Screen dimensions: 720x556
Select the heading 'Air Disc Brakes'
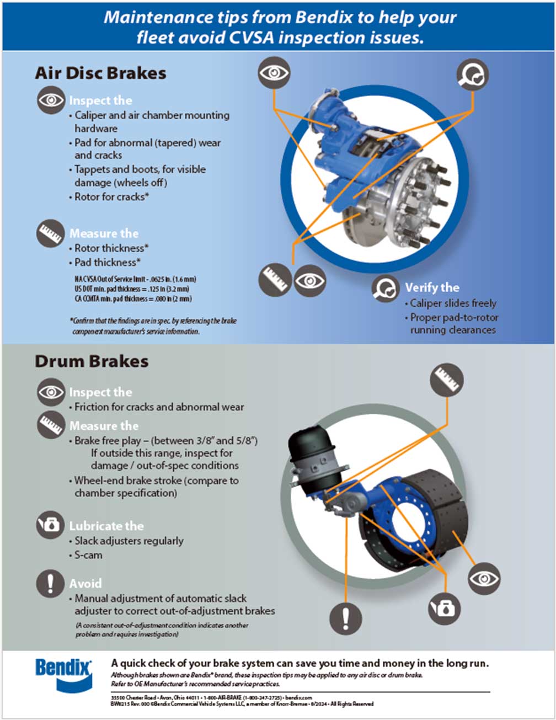tap(100, 73)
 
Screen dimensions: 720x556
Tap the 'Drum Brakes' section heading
tap(92, 361)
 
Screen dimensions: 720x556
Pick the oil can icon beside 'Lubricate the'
tap(51, 525)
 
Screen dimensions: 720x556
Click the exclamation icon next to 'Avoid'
tap(51, 583)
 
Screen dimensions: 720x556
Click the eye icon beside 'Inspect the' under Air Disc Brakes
tap(51, 100)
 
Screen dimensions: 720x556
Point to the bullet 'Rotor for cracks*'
tap(112, 197)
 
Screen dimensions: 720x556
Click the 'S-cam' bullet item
tap(88, 555)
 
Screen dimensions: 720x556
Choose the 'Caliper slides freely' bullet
tap(453, 303)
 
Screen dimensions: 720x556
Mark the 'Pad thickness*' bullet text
tap(108, 263)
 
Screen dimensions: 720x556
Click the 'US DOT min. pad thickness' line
tap(132, 289)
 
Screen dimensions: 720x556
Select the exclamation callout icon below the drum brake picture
tap(346, 617)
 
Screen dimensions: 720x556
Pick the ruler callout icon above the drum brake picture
tap(446, 380)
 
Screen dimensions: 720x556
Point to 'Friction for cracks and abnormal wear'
tap(159, 407)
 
